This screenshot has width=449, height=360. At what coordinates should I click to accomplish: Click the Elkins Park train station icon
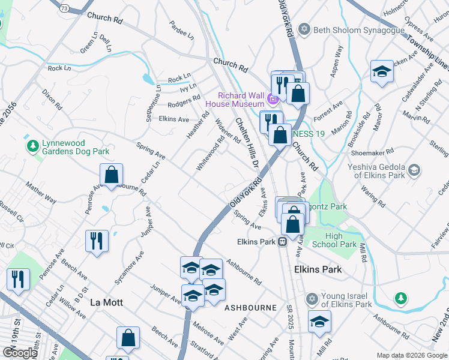282,242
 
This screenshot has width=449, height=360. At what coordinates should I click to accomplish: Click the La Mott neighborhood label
106,302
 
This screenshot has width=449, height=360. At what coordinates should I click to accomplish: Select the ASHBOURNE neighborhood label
250,308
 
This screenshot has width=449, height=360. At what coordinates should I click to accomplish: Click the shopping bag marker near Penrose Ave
112,175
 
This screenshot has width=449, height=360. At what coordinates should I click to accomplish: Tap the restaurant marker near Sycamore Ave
97,241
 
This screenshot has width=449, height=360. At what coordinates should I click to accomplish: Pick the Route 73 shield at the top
64,7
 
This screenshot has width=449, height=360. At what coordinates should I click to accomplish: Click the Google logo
20,353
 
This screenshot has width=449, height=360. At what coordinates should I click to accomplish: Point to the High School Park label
341,240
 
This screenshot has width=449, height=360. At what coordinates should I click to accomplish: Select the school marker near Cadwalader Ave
381,73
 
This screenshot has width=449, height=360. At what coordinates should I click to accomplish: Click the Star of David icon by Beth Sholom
304,29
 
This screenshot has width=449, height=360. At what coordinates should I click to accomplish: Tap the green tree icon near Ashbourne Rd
400,298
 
